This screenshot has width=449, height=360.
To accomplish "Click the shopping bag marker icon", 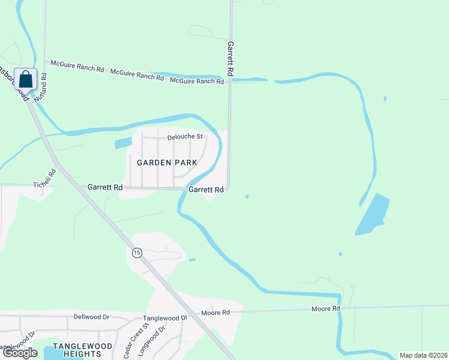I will tap(26, 79).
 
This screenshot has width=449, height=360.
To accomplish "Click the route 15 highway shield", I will tap(137, 253).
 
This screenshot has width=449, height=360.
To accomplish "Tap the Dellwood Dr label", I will tap(91, 316).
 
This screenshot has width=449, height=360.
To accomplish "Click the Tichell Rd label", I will tap(45, 179).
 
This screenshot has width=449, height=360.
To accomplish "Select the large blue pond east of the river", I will tap(373, 214).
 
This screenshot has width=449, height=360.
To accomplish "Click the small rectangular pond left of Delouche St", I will tap(122, 143).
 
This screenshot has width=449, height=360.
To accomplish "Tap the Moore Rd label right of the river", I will tap(325, 308).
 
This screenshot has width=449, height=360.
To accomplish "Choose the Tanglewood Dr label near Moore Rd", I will tap(165, 318).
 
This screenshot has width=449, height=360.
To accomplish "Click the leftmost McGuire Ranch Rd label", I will tap(77, 65).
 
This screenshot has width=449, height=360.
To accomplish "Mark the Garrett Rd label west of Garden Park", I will tap(105, 188).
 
